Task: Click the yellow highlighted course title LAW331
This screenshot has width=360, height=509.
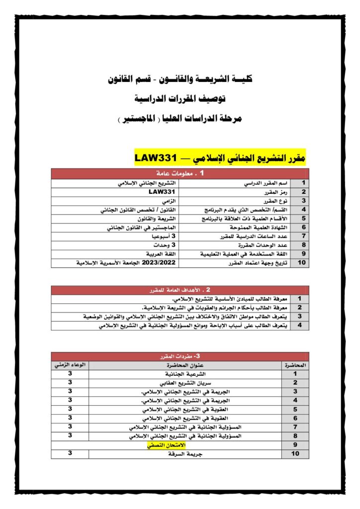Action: coord(220,158)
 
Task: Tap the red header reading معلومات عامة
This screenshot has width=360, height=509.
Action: coord(180,173)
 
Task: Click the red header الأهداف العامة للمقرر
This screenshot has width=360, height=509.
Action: coord(180,289)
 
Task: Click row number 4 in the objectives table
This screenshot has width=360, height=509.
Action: coord(299,326)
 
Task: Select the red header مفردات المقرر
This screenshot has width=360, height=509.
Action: coord(180,356)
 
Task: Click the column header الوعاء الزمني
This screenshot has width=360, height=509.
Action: coord(70,365)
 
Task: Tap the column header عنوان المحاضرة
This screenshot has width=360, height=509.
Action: coord(185,365)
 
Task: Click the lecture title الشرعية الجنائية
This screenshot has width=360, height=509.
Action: coord(185,374)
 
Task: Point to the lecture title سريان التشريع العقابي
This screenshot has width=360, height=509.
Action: coord(185,383)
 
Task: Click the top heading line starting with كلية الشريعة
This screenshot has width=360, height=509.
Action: coord(180,79)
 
